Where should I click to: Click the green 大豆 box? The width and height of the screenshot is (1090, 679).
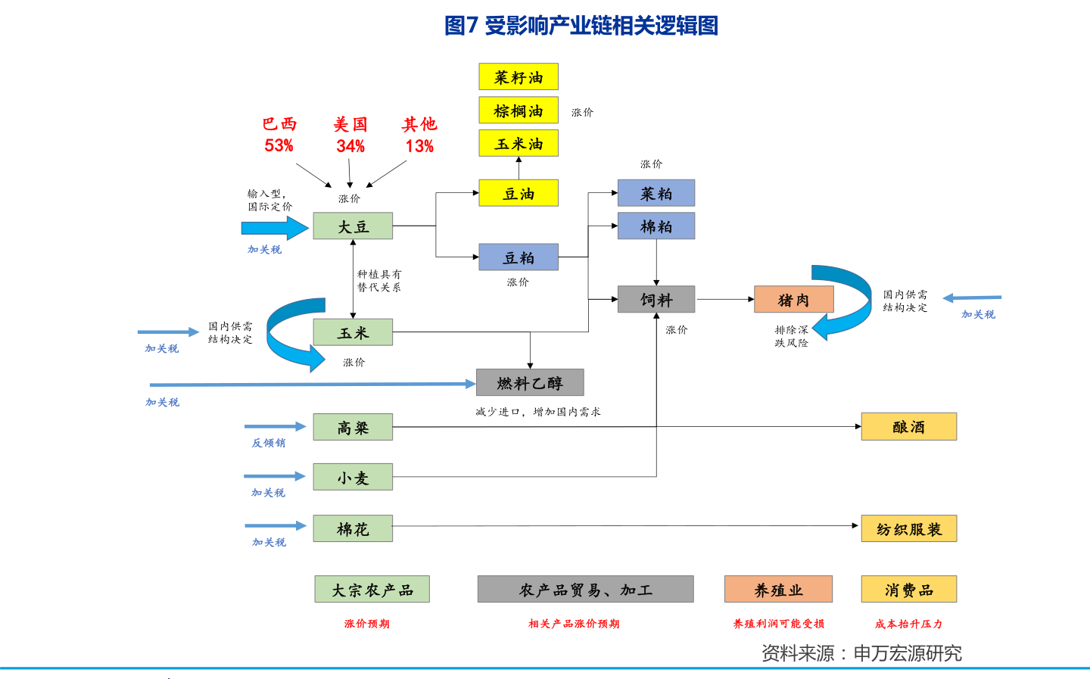353,226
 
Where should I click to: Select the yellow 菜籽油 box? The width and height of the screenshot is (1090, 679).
519,77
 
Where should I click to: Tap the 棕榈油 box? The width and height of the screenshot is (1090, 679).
519,111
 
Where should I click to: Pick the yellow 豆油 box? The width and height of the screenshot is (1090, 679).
519,193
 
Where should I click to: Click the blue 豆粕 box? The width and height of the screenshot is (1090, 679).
519,257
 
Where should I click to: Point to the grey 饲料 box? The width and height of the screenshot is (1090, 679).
656,300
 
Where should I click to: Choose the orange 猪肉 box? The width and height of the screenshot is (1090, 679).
793,300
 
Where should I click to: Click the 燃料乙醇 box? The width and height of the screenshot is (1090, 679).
530,383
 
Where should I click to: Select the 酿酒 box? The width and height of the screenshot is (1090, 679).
908,427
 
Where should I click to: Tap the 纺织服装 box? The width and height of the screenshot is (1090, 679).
908,529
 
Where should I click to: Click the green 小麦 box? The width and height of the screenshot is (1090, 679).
353,478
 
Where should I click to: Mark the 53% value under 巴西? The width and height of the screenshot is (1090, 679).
279,145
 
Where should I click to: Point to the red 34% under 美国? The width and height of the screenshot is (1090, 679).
350,146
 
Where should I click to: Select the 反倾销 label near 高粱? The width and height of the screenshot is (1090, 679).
269,443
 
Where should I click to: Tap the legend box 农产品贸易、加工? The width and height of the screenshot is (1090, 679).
585,590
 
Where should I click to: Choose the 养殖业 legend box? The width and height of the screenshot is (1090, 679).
778,590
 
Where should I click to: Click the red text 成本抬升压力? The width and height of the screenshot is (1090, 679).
908,624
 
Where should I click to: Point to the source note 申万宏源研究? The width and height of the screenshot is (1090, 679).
908,653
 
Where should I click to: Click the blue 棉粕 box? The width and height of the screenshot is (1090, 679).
656,226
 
